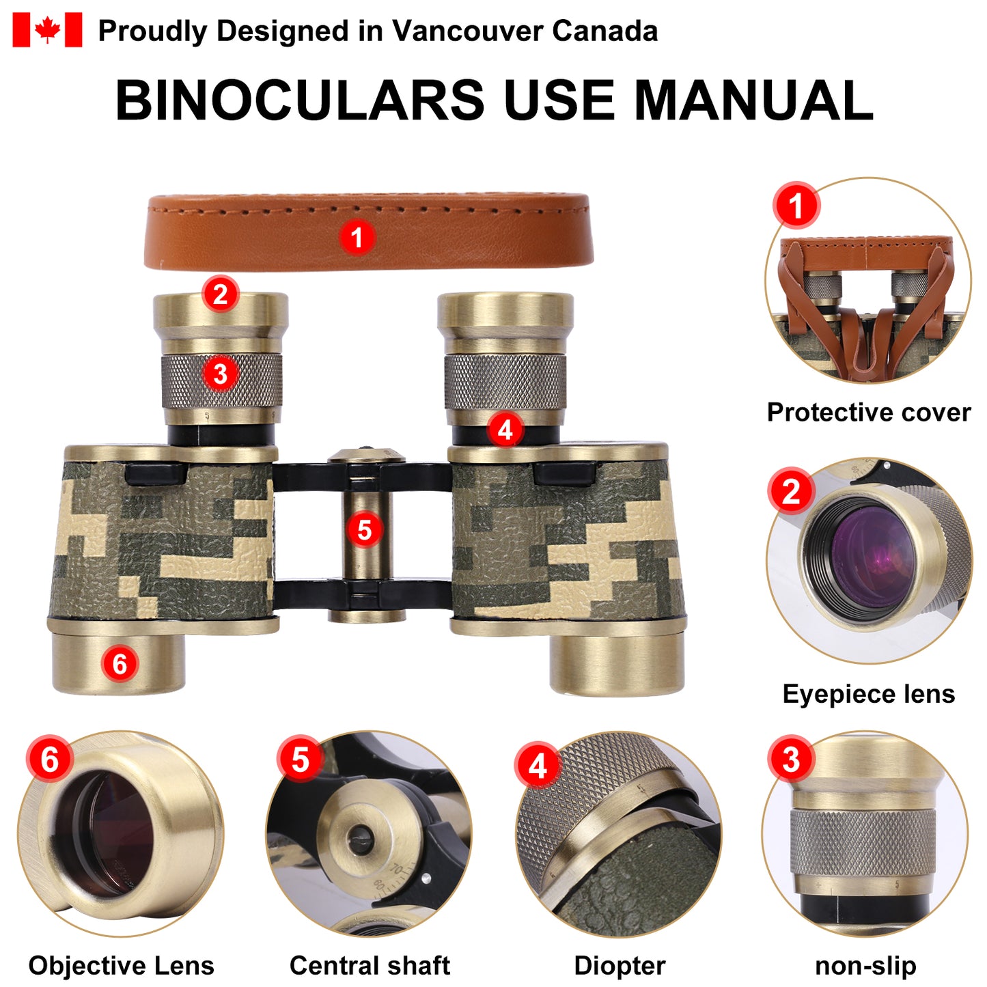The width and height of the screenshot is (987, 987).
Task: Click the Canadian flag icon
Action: (47, 30)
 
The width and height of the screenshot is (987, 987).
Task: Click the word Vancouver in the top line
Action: (467, 31)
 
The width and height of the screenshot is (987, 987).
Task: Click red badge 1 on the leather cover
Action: (357, 238)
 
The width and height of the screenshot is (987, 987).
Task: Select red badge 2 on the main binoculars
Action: (220, 294)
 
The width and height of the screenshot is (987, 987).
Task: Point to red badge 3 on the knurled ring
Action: (220, 374)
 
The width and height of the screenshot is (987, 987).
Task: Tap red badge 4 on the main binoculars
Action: (505, 430)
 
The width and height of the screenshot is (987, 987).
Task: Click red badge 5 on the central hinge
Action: (364, 529)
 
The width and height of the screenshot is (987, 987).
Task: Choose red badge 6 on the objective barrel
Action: (120, 664)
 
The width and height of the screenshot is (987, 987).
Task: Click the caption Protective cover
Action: (869, 412)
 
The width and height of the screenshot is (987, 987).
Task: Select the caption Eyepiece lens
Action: (869, 694)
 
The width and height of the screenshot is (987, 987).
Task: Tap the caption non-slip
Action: (865, 966)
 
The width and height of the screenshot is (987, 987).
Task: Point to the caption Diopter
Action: (620, 966)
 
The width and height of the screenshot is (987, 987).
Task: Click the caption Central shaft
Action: (370, 966)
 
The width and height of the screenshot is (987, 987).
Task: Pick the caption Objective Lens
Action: (122, 966)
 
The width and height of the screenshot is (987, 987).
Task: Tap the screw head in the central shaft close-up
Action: (357, 839)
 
